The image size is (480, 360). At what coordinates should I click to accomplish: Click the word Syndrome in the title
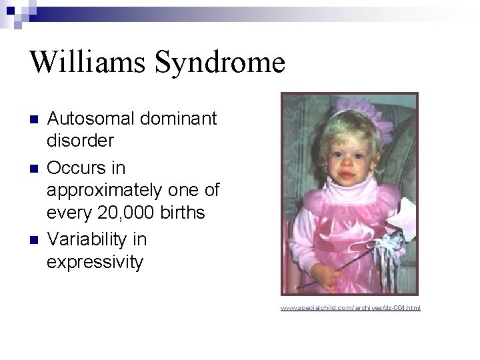click(x=219, y=63)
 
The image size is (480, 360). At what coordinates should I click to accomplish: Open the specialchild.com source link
click(x=351, y=308)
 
